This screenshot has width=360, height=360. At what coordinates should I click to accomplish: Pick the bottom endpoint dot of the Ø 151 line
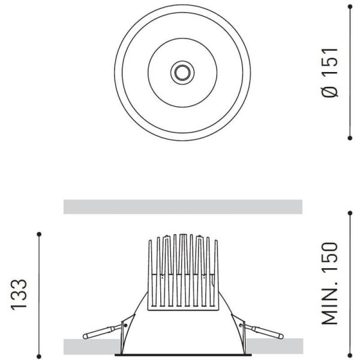pyautogui.click(x=350, y=138)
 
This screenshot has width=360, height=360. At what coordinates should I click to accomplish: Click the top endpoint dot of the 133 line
pyautogui.click(x=40, y=233)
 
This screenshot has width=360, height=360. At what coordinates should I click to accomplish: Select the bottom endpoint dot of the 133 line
pyautogui.click(x=40, y=354)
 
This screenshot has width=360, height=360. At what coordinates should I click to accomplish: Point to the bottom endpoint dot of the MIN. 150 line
pyautogui.click(x=350, y=354)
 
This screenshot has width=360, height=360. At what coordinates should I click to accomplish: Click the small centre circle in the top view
pyautogui.click(x=181, y=73)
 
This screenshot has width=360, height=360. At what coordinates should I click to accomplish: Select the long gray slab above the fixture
pyautogui.click(x=182, y=207)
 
